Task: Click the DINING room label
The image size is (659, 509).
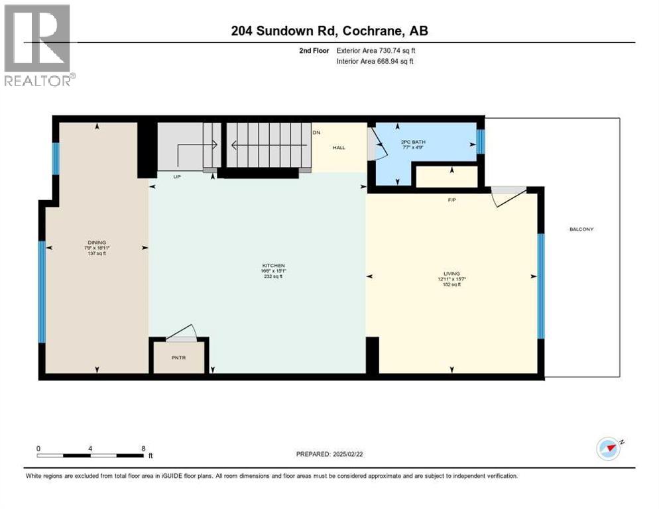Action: point(97,242)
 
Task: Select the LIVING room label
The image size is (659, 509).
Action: point(452,273)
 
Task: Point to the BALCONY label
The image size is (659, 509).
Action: point(581,229)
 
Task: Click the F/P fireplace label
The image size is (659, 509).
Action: point(452,198)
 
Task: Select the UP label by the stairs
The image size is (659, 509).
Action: point(178,177)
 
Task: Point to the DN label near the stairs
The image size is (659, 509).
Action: point(316,133)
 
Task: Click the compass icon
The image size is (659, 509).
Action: point(609,448)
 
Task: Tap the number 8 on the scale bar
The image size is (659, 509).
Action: point(143,448)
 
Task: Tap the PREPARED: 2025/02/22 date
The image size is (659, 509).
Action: point(331,454)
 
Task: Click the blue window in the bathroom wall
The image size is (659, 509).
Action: point(481,141)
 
